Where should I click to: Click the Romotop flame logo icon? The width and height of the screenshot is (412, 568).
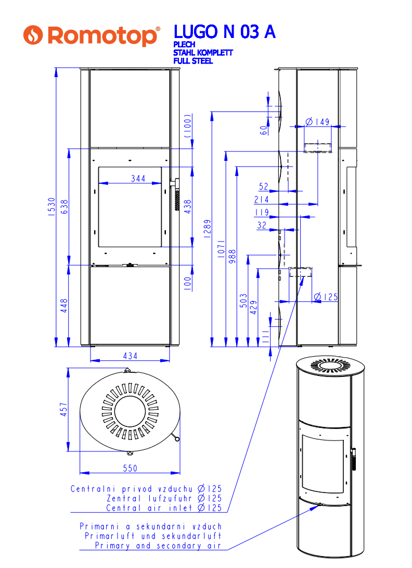tap(33, 35)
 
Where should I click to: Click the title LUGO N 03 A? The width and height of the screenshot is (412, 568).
tap(224, 32)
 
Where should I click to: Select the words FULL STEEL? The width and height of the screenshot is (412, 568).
tap(193, 61)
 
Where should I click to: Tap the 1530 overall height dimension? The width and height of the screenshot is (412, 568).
tap(52, 207)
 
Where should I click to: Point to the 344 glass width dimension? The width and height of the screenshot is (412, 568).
tap(138, 178)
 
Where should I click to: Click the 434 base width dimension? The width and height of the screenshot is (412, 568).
tap(130, 356)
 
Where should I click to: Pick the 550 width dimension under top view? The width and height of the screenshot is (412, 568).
tap(130, 468)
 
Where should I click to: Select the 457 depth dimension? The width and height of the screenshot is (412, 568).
tap(63, 409)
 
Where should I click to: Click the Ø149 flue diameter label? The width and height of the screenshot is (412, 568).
tap(317, 122)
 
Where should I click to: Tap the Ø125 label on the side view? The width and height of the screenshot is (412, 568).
tap(326, 297)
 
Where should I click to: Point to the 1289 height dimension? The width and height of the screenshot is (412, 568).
tap(207, 229)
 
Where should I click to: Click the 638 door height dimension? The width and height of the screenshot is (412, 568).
tap(64, 207)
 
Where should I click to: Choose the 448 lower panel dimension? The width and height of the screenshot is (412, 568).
tap(64, 306)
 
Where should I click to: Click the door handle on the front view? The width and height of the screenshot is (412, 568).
tap(176, 194)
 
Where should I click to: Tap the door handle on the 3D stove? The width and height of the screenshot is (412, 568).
tap(353, 459)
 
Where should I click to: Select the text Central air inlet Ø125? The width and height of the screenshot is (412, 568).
tap(164, 508)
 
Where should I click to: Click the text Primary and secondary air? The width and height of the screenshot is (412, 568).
tap(158, 546)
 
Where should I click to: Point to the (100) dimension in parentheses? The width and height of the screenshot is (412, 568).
tap(188, 125)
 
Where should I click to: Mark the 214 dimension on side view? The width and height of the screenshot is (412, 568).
tap(261, 199)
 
